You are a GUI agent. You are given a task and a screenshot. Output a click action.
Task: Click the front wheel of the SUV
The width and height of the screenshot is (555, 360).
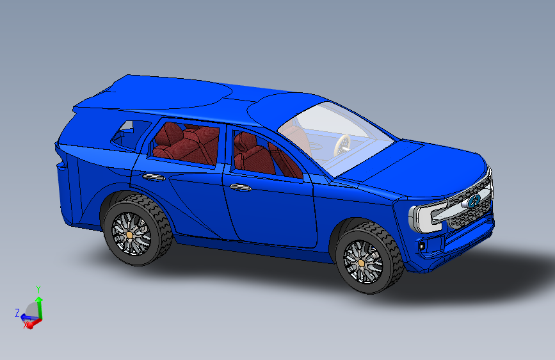tap(368, 258)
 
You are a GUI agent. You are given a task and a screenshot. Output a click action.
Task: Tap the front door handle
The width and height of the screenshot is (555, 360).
tap(241, 188)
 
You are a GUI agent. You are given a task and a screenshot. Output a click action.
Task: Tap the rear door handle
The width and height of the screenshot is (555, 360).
tap(154, 177)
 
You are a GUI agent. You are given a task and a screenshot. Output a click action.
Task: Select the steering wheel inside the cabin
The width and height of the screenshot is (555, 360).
tap(342, 145)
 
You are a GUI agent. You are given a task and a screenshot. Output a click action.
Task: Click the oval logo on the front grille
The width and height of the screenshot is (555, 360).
tap(473, 201)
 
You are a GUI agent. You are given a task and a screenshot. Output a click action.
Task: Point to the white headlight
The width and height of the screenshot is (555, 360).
tap(426, 218)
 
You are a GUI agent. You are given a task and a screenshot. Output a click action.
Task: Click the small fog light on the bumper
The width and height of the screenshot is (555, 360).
tap(422, 246)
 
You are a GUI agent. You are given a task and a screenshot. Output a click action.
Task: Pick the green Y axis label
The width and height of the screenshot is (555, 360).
tap(38, 290)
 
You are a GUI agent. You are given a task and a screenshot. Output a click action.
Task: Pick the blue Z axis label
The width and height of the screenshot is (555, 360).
tap(17, 313)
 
